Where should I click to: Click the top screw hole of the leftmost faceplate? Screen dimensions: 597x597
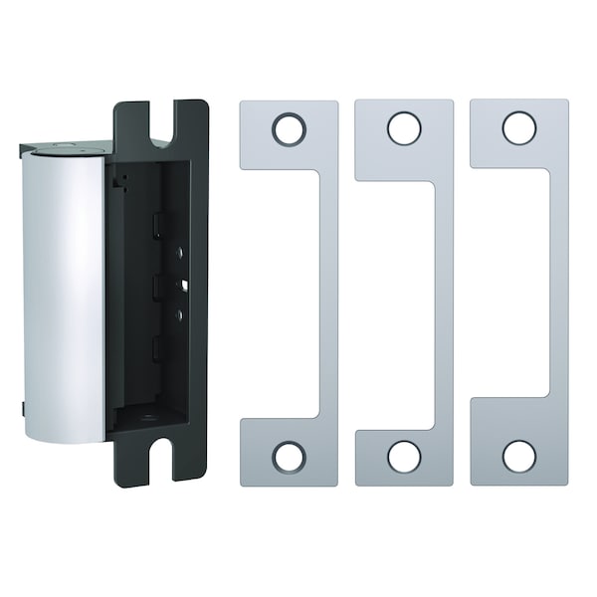(x=289, y=128)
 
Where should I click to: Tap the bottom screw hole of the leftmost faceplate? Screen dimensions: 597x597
(x=289, y=457)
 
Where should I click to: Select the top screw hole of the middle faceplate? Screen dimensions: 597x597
(x=404, y=128)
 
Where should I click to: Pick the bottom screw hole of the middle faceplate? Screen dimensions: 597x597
(x=404, y=457)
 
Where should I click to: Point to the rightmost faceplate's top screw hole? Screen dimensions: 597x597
(x=519, y=128)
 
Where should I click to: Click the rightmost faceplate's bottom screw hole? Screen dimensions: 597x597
(x=519, y=457)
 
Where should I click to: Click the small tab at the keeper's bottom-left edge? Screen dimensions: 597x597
(x=22, y=409)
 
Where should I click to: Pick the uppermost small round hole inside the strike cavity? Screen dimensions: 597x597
(x=179, y=253)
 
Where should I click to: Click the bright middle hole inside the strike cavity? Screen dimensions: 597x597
(x=180, y=286)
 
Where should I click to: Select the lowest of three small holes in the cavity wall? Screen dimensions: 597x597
(x=179, y=315)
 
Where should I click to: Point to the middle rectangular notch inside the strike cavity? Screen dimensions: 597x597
(x=157, y=288)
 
